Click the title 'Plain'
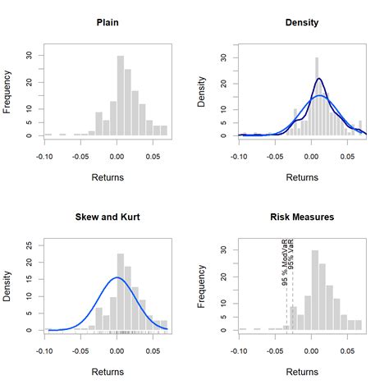(107, 21)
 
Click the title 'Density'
(301, 21)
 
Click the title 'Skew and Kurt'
(107, 217)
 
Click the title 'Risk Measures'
(301, 217)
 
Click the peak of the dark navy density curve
(319, 79)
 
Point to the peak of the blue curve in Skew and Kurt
(117, 277)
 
